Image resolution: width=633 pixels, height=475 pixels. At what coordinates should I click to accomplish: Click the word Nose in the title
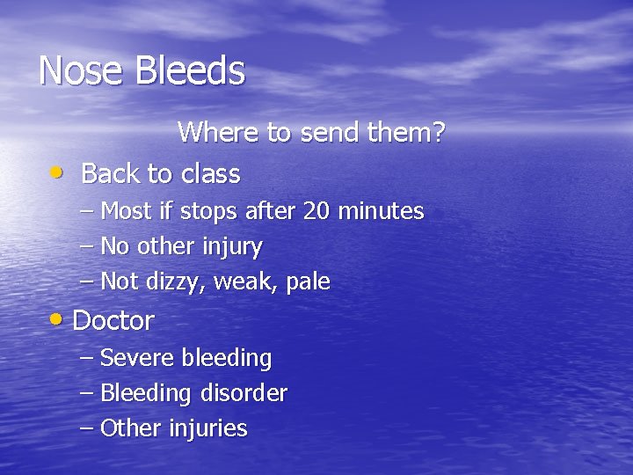pyautogui.click(x=81, y=70)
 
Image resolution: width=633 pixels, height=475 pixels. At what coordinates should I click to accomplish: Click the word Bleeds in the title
pyautogui.click(x=189, y=70)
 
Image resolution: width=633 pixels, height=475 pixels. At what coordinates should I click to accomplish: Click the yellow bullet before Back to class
pyautogui.click(x=56, y=172)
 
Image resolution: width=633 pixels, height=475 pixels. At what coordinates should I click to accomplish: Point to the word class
pyautogui.click(x=211, y=174)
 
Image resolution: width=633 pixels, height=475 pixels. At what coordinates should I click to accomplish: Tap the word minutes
pyautogui.click(x=381, y=211)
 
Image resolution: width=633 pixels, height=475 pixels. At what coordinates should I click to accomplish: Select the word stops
pyautogui.click(x=210, y=212)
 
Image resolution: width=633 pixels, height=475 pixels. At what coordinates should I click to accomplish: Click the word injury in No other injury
pyautogui.click(x=231, y=247)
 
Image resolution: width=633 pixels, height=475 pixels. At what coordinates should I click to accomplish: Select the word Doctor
pyautogui.click(x=113, y=321)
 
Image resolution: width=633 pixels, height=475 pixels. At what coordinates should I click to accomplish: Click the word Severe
pyautogui.click(x=138, y=358)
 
